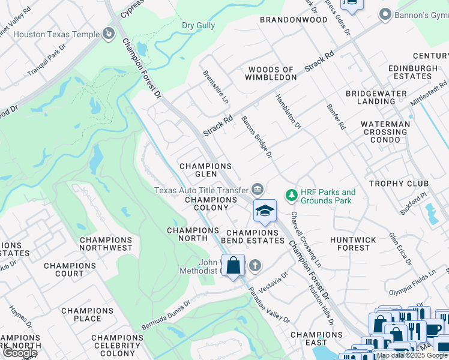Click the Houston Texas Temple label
tap(56, 34)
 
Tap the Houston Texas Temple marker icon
tap(109, 34)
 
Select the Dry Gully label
tap(198, 25)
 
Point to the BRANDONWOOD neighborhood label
tap(294, 20)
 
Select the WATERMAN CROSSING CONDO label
tap(385, 132)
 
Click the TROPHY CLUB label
tap(399, 184)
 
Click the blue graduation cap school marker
tap(265, 210)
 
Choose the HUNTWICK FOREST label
tap(353, 244)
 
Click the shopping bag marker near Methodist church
tap(233, 265)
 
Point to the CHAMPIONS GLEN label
tap(206, 170)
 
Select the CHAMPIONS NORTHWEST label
tap(106, 244)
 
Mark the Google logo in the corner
tap(20, 353)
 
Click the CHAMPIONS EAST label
tap(316, 340)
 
